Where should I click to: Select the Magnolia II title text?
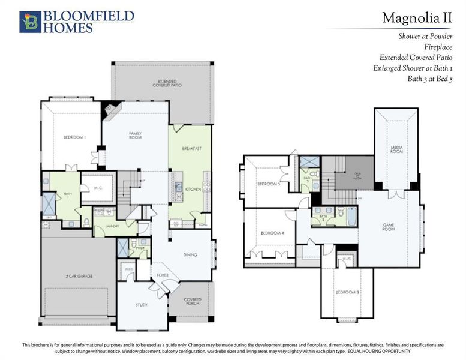point(417,18)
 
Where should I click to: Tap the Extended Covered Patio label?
point(170,83)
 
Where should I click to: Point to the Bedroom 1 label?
point(75,137)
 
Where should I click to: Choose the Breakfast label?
point(192,148)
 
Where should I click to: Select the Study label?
point(141,305)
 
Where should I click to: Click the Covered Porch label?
point(192,302)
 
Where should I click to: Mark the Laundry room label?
point(114,226)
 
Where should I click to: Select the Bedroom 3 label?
point(347,292)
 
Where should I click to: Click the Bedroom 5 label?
point(269,184)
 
